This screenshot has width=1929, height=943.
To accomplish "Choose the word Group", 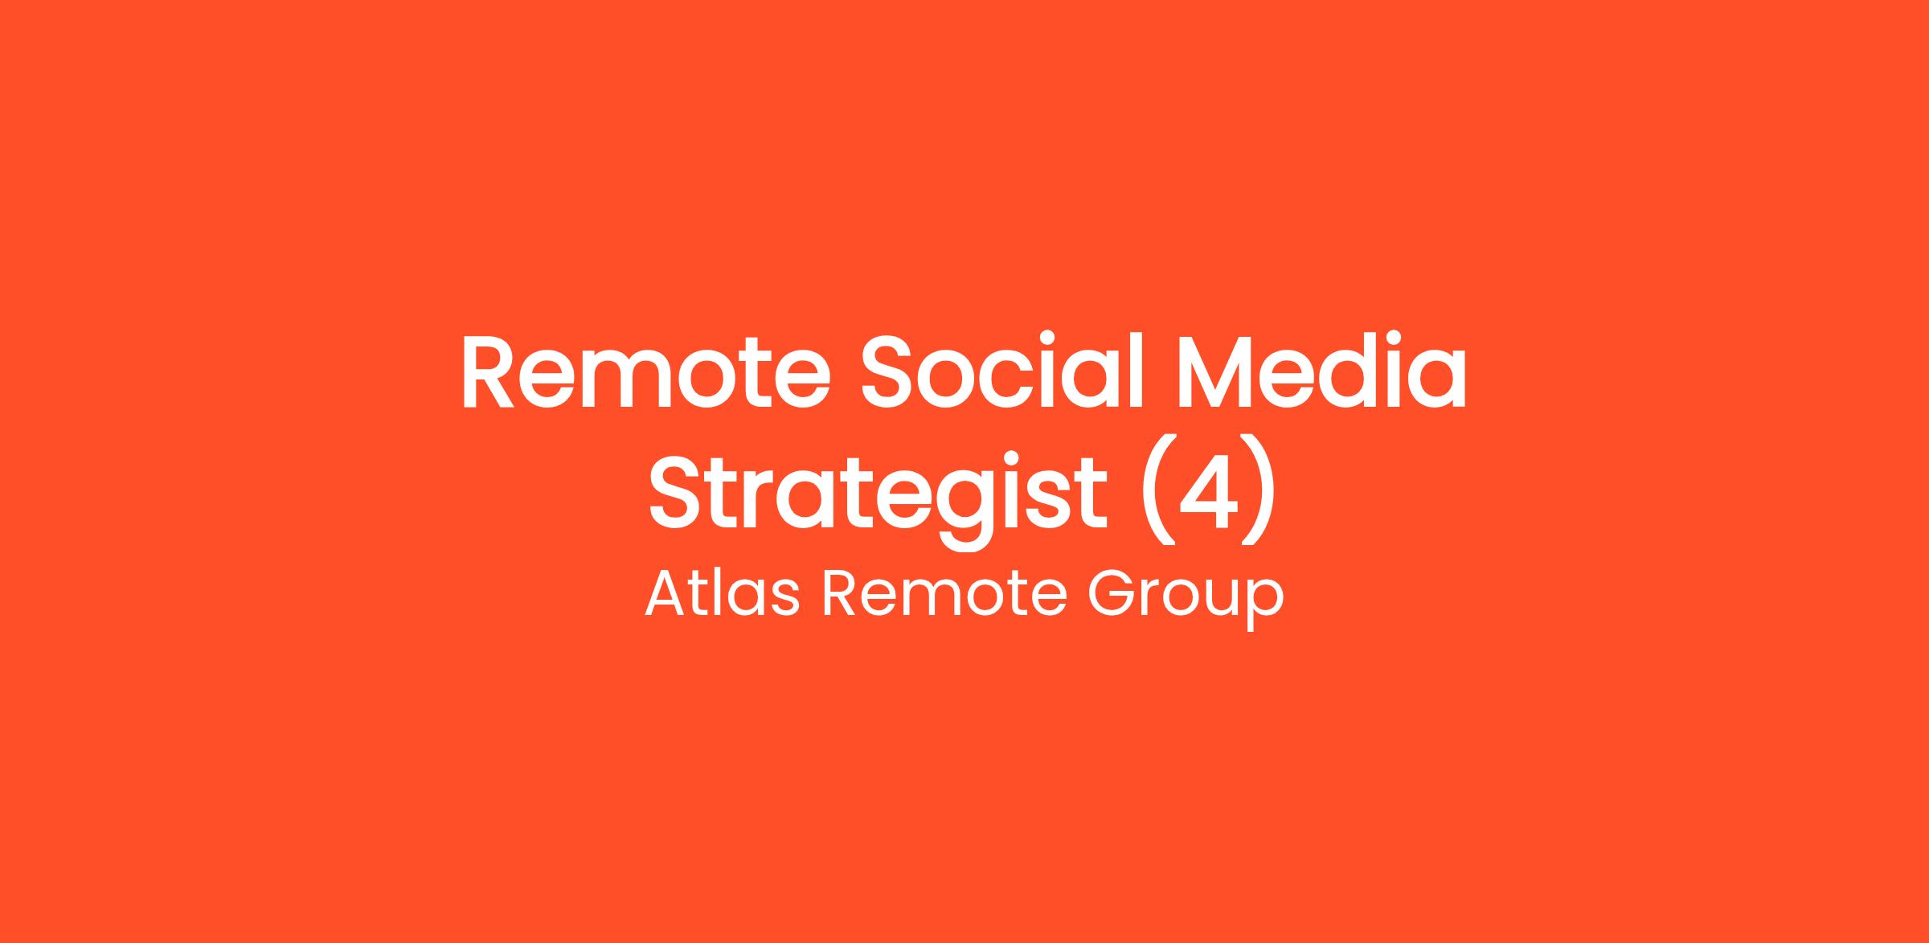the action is click(x=1186, y=599).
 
